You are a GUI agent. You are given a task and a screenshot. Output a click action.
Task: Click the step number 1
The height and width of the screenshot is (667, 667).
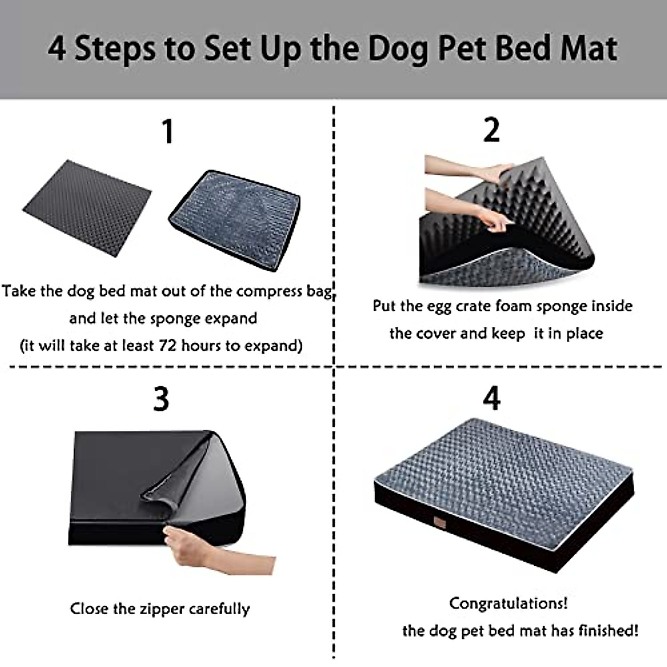[167, 132]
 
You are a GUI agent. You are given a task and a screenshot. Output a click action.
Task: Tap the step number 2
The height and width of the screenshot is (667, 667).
[491, 131]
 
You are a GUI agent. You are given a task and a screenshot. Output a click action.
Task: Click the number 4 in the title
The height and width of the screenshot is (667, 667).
[57, 49]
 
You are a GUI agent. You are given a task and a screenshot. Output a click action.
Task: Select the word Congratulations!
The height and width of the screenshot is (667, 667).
[508, 603]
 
